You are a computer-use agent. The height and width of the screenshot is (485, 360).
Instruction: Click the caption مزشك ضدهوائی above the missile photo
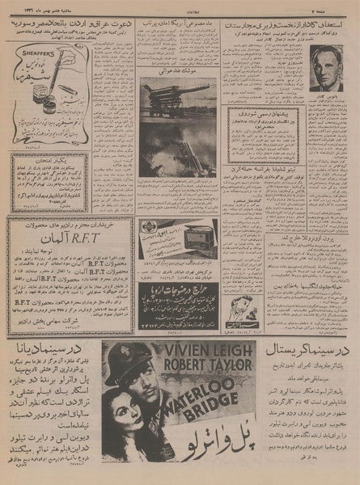[178, 71]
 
